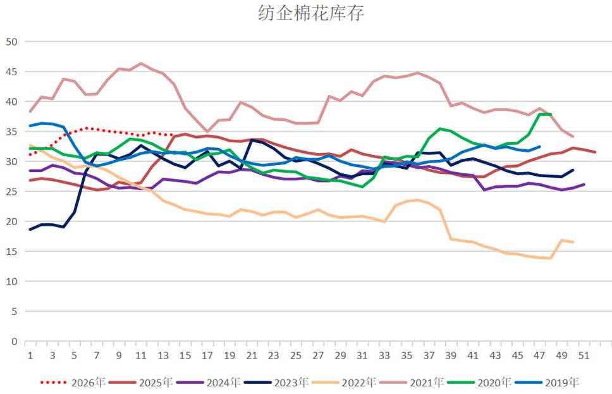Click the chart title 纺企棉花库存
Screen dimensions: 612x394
tap(311, 13)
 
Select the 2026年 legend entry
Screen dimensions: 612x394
tap(73, 382)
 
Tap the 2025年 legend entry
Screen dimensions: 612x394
tap(140, 382)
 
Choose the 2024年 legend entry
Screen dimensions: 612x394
tap(208, 382)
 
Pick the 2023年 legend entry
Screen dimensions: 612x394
tap(276, 382)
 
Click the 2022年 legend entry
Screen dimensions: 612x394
tap(343, 382)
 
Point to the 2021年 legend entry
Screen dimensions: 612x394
tap(412, 382)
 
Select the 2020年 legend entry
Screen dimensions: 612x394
tap(479, 382)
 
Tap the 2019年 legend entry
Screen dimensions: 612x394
tap(547, 382)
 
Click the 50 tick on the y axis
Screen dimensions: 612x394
tap(12, 42)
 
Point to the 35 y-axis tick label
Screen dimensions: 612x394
tap(12, 132)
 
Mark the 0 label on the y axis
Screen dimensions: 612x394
tap(15, 342)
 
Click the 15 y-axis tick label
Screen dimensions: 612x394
tap(12, 252)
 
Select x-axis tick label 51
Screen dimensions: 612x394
tap(584, 355)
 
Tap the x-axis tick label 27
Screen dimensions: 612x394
tap(318, 355)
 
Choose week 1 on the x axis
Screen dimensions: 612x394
tap(30, 355)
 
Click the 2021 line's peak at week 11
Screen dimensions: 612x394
tap(141, 63)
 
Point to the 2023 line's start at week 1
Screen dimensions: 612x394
tap(30, 230)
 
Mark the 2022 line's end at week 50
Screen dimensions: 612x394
tap(573, 242)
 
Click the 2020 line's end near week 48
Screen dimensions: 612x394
tap(551, 114)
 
